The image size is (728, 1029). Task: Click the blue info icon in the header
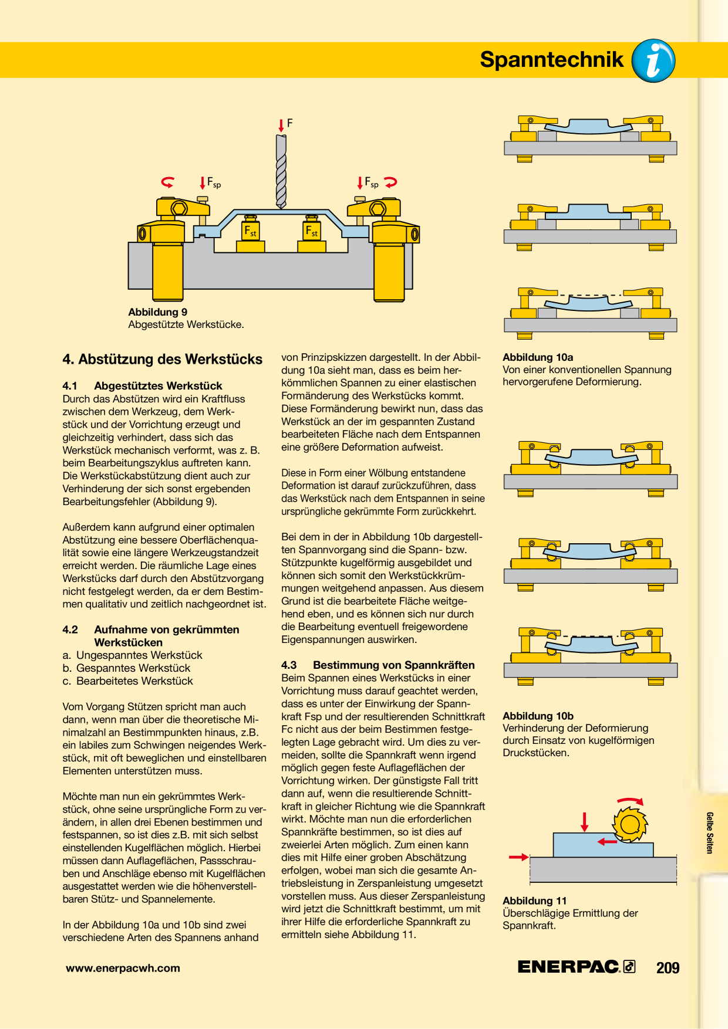point(653,60)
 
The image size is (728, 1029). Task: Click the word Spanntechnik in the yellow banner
point(552,60)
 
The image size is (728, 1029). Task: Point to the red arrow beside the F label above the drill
point(281,125)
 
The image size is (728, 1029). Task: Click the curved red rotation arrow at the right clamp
point(390,182)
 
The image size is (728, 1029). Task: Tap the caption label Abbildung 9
point(158,312)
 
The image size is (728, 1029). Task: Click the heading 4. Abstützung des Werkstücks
point(163,359)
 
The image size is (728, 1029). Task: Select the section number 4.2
point(70,629)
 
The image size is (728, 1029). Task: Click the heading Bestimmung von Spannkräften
point(394,665)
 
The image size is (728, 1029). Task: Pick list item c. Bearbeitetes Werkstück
point(128,681)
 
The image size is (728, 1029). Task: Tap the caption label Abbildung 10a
point(538,357)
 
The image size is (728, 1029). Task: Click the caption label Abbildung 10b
point(538,716)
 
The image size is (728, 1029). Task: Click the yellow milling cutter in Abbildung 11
point(629,824)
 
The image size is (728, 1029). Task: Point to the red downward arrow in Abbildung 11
point(584,822)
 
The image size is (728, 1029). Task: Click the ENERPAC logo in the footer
point(577,967)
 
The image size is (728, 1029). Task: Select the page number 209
point(668,967)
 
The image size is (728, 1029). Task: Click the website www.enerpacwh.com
point(123,968)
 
